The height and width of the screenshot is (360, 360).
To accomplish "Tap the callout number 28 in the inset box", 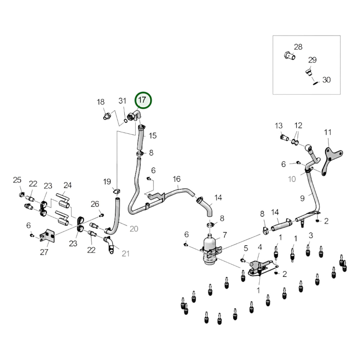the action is pyautogui.click(x=298, y=47).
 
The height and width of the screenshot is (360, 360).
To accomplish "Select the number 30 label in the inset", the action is pyautogui.click(x=327, y=80).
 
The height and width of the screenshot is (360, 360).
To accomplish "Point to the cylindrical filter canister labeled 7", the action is pyautogui.click(x=210, y=249).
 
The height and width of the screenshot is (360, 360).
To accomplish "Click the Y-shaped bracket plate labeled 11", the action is pyautogui.click(x=332, y=161).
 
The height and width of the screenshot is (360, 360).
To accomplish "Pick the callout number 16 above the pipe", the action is pyautogui.click(x=176, y=179).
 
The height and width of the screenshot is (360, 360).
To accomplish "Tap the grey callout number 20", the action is pyautogui.click(x=134, y=229).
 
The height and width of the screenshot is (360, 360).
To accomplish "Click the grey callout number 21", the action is pyautogui.click(x=125, y=254).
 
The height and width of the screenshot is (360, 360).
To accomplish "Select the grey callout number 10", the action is pyautogui.click(x=292, y=179).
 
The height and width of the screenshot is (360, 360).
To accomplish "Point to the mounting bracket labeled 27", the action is pyautogui.click(x=47, y=236).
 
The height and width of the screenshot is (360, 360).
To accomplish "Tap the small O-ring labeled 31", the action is pyautogui.click(x=126, y=121).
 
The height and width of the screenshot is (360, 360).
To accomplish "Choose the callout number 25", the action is pyautogui.click(x=17, y=180).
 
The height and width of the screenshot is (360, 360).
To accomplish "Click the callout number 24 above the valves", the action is pyautogui.click(x=67, y=185).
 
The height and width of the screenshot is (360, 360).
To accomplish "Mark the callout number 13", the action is pyautogui.click(x=278, y=126).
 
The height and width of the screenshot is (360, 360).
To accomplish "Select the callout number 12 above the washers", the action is pyautogui.click(x=298, y=125).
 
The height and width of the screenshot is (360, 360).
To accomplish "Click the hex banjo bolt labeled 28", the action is pyautogui.click(x=289, y=56).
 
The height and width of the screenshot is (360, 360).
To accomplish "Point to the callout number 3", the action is pyautogui.click(x=311, y=235).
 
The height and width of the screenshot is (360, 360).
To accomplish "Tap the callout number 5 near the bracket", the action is pyautogui.click(x=246, y=248).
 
